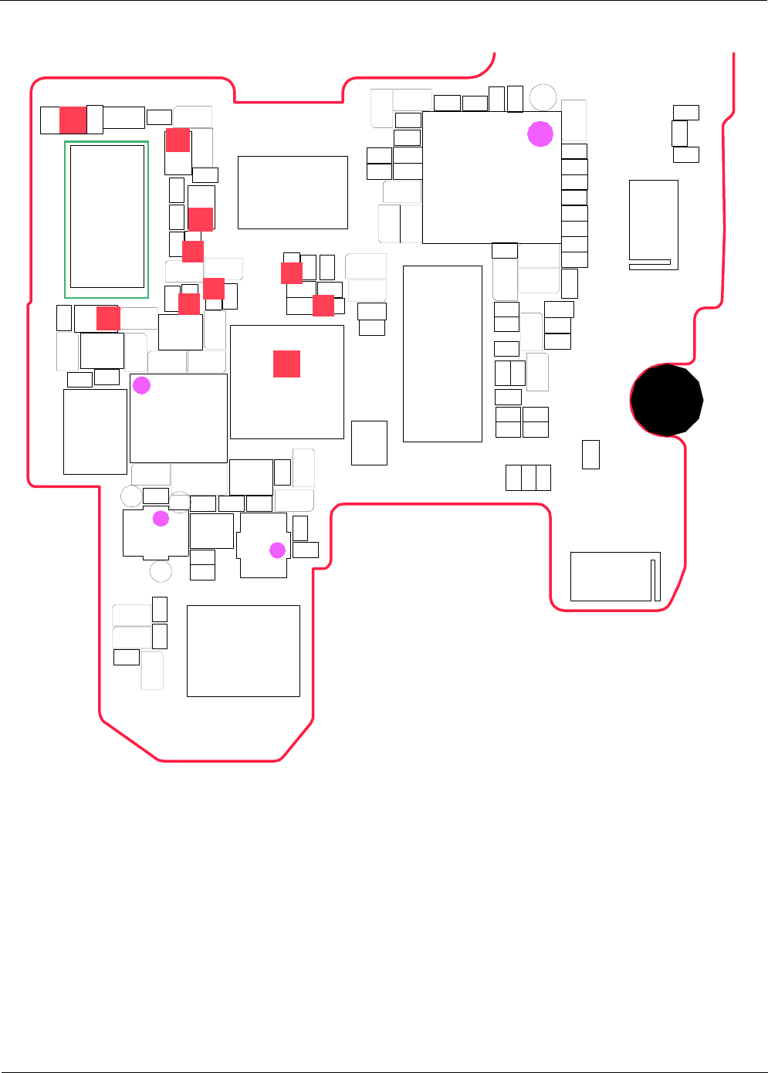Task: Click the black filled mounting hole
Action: pyautogui.click(x=667, y=401)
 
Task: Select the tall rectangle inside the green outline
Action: pyautogui.click(x=107, y=216)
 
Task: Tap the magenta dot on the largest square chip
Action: pyautogui.click(x=540, y=134)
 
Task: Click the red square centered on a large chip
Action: pyautogui.click(x=286, y=364)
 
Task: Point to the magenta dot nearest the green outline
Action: pyautogui.click(x=141, y=385)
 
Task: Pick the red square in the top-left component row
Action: pyautogui.click(x=73, y=120)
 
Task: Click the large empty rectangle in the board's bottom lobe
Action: pyautogui.click(x=243, y=651)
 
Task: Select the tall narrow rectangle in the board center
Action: pyautogui.click(x=442, y=354)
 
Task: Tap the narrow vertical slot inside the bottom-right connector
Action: pyautogui.click(x=655, y=580)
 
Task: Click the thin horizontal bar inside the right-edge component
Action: pyautogui.click(x=649, y=262)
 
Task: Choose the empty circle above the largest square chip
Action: pyautogui.click(x=543, y=97)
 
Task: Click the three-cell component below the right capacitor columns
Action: pyautogui.click(x=528, y=478)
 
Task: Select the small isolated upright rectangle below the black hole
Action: pyautogui.click(x=590, y=455)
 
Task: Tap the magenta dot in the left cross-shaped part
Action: pyautogui.click(x=161, y=518)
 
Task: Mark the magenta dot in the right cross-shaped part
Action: pyautogui.click(x=277, y=550)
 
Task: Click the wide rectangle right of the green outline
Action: pyautogui.click(x=293, y=192)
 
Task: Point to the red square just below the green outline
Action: pyautogui.click(x=108, y=318)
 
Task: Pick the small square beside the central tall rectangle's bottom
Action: pyautogui.click(x=369, y=443)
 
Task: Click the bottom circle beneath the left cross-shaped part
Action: pyautogui.click(x=161, y=572)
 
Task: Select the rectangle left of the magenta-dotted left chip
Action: pyautogui.click(x=95, y=432)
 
